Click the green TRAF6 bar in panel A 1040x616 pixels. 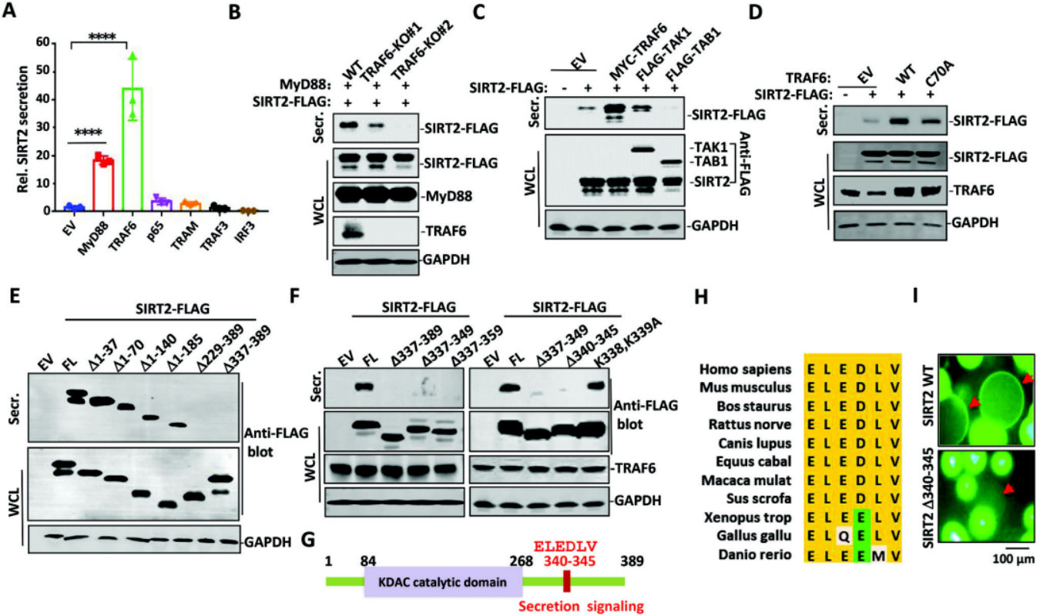point(133,149)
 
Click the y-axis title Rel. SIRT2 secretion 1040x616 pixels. point(23,129)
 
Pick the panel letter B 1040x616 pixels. point(234,12)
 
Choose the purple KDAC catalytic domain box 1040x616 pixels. point(443,581)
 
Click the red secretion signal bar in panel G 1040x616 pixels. point(566,581)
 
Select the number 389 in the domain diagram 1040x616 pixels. point(632,561)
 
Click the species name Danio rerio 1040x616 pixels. point(755,554)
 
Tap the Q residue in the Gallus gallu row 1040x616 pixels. point(844,536)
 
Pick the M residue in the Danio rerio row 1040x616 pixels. point(878,554)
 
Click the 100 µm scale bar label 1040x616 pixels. point(1014,559)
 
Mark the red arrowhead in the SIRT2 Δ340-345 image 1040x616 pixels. point(1008,488)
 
